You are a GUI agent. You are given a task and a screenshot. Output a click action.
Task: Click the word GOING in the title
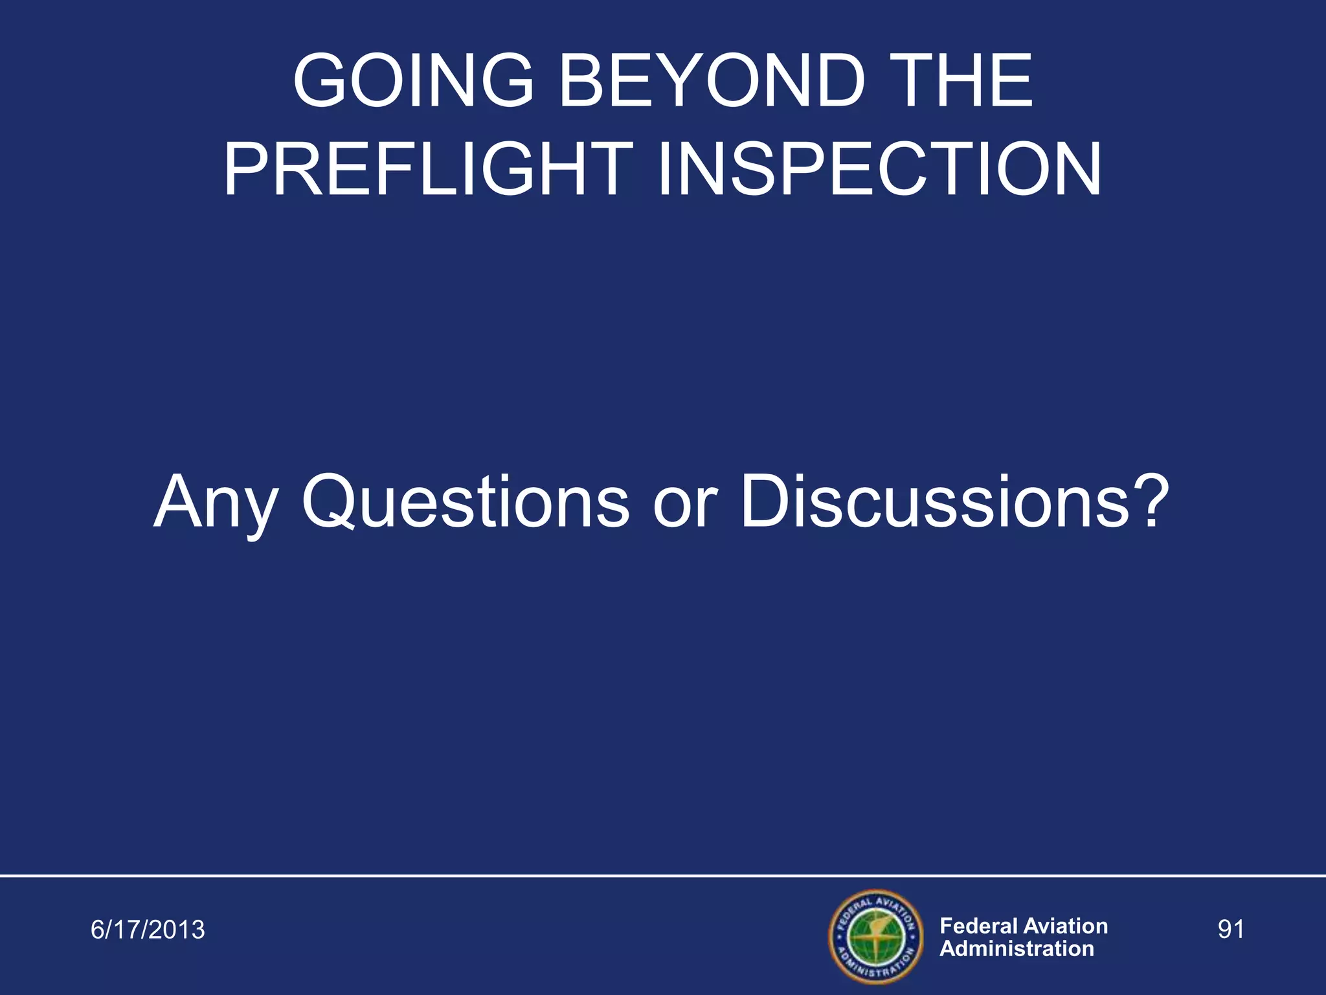coord(412,81)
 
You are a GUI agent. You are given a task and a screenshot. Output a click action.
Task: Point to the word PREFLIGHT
coord(428,170)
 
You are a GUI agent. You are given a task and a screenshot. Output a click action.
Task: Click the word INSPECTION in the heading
coord(879,170)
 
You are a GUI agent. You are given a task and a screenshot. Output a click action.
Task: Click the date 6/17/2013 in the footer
coord(148,930)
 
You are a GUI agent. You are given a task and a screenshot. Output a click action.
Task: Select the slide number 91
coord(1231,930)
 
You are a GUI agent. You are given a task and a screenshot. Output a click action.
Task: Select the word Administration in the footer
coord(1017,949)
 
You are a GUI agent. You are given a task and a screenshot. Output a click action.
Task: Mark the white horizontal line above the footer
coord(663,875)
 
